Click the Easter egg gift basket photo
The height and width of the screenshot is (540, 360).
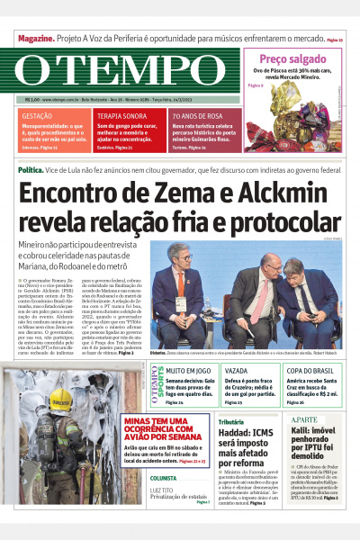tap(302, 123)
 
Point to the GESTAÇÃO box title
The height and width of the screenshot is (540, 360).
tap(36, 117)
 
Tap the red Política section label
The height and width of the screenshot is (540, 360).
tap(31, 169)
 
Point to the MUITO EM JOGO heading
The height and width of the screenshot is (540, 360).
tap(187, 370)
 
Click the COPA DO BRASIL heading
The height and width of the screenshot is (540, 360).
tap(310, 370)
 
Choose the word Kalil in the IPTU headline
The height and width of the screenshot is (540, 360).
tap(300, 433)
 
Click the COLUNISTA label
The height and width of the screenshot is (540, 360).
tap(164, 478)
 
